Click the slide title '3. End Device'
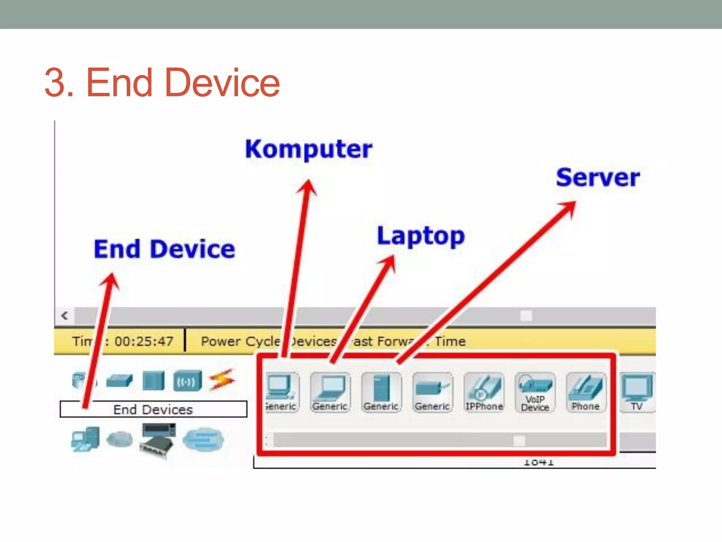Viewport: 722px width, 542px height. [162, 83]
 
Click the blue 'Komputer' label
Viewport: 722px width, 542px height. [308, 149]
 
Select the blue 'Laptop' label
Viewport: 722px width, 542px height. [421, 236]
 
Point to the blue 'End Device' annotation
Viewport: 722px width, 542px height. [164, 249]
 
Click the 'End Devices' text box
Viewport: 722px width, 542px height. [153, 409]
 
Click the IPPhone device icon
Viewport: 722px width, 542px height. [484, 392]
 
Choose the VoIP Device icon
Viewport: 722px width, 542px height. [535, 392]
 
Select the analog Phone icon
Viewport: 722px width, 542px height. [586, 392]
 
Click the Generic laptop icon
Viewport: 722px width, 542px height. [330, 392]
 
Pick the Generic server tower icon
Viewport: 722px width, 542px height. [381, 392]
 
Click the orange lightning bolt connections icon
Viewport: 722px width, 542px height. [222, 380]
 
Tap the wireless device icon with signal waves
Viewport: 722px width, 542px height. [187, 381]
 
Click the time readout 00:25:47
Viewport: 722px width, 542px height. [144, 341]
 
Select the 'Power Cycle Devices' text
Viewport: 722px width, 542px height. [268, 341]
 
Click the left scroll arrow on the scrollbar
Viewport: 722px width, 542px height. [65, 315]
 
